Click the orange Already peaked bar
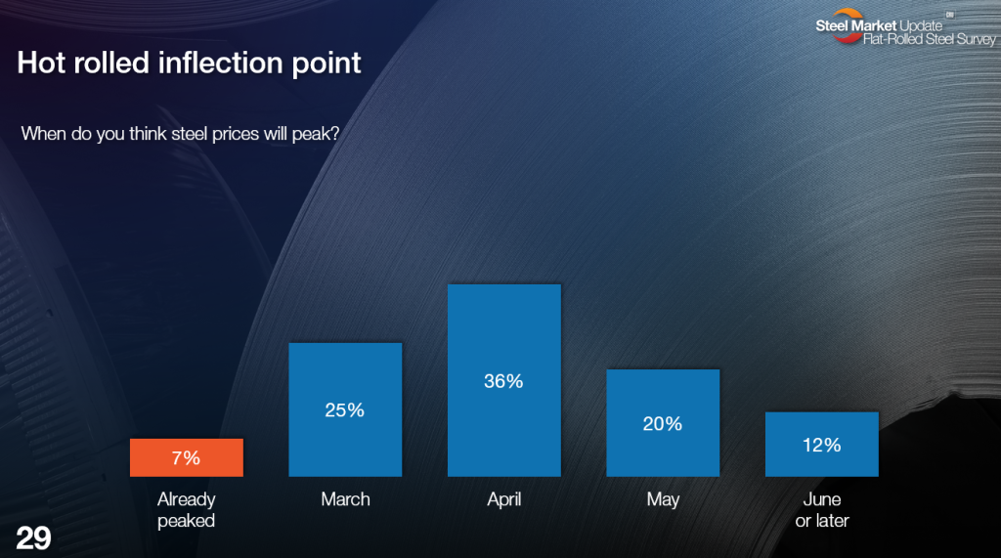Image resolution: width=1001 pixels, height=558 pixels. point(187,457)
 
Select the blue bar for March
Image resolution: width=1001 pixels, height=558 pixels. point(345,409)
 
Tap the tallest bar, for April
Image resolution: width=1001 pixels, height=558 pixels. point(504,380)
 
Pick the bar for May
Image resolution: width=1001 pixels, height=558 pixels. point(663,422)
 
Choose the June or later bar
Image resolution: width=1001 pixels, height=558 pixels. point(821,444)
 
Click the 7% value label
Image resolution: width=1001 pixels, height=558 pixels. point(186,457)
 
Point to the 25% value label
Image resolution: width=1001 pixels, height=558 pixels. point(345,409)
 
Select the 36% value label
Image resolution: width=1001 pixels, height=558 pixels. point(503,381)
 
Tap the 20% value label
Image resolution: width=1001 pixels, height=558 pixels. point(663,423)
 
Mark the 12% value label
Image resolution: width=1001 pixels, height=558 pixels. point(821,445)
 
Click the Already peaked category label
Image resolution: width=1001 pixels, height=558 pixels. point(187,510)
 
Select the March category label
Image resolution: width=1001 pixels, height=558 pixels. point(345,499)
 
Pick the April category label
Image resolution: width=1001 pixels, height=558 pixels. point(504,500)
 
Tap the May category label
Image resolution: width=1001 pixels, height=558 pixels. point(663,500)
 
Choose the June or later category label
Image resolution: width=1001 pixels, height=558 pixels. point(822,510)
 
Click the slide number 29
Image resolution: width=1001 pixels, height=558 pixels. point(33,538)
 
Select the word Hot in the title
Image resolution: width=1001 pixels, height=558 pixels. point(41,63)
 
